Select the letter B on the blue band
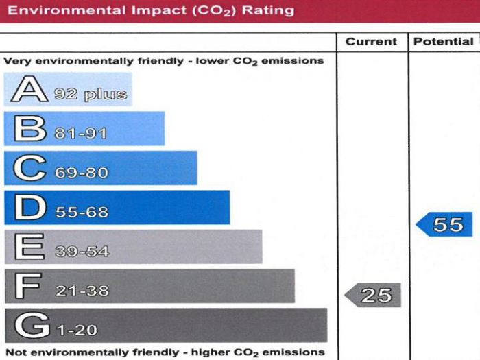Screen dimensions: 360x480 26,129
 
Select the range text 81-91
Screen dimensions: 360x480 81,133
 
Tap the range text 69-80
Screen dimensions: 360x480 82,172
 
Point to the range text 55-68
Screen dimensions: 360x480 82,212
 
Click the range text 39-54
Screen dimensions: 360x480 82,252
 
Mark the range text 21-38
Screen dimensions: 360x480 82,291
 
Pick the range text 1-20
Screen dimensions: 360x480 76,330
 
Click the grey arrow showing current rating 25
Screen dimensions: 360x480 372,296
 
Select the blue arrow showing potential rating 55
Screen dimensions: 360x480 445,224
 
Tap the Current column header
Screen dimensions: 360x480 371,42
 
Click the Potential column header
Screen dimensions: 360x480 443,42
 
